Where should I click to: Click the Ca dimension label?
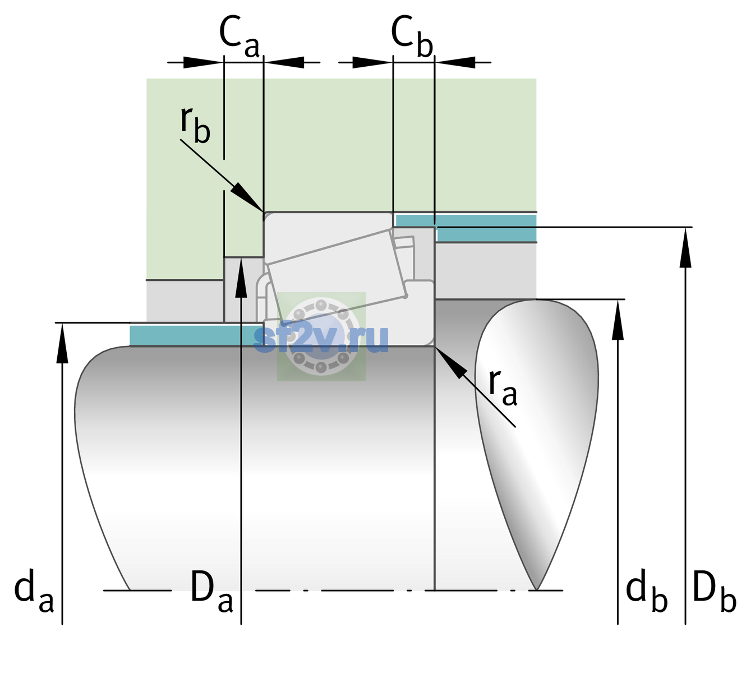click(239, 37)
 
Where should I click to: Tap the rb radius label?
click(195, 125)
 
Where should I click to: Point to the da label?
click(34, 591)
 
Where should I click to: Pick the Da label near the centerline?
click(211, 591)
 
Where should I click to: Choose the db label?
click(647, 591)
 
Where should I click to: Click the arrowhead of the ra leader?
click(435, 347)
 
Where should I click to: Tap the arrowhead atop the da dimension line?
click(62, 324)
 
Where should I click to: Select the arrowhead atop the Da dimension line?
click(241, 257)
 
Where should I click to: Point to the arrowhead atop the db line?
click(618, 300)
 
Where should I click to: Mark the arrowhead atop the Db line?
click(685, 228)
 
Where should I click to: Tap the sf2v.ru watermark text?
click(321, 339)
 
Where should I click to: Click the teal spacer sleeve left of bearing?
click(196, 335)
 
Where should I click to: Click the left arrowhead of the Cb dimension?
click(392, 62)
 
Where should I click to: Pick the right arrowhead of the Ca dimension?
click(264, 62)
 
